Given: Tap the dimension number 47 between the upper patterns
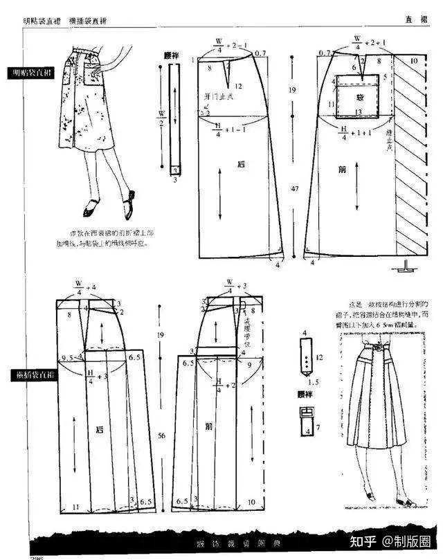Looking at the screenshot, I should [293, 188].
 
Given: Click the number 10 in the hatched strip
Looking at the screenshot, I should [413, 62].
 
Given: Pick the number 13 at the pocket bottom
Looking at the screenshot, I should [358, 112].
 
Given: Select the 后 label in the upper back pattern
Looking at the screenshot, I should [241, 165].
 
